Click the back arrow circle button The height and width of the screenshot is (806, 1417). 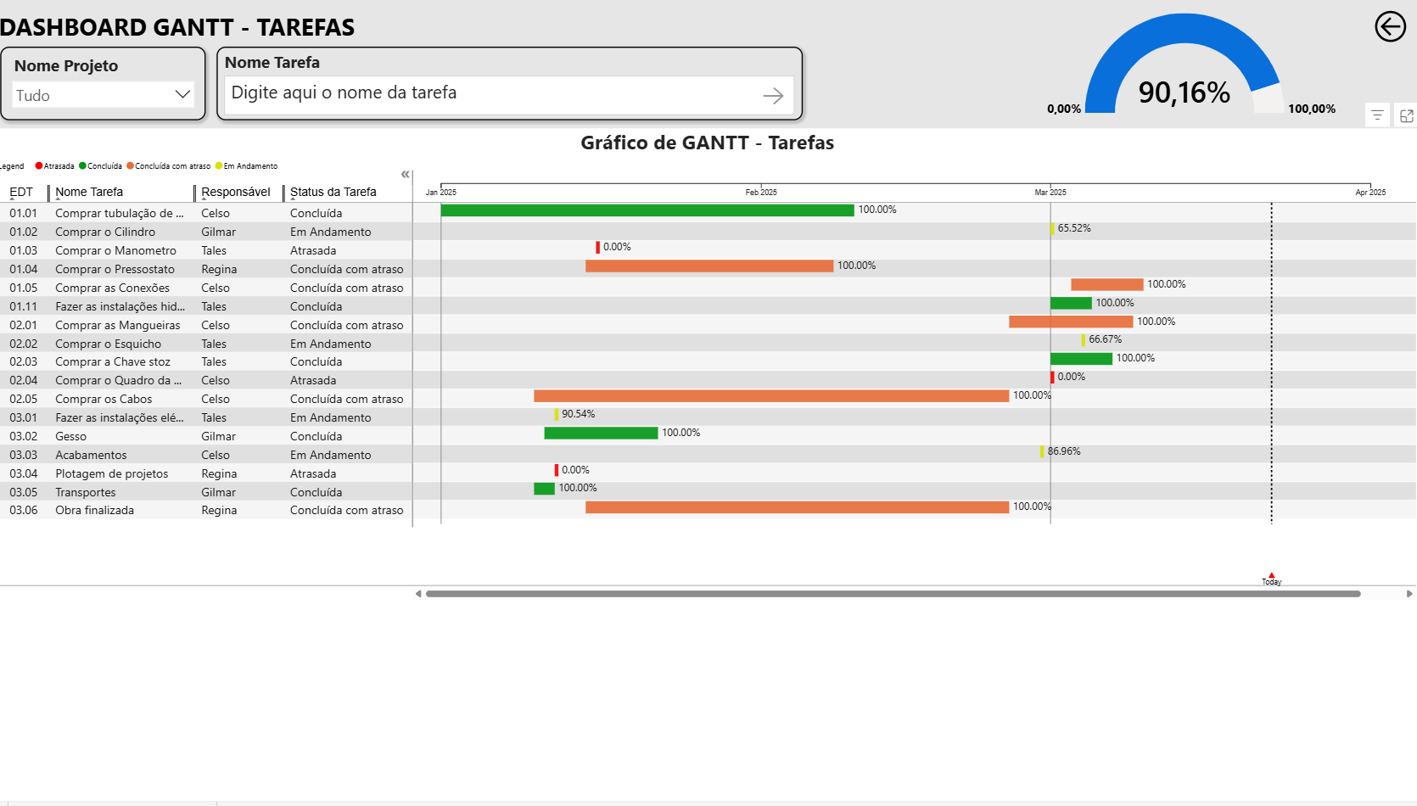coord(1390,27)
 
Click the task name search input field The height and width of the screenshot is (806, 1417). coord(492,93)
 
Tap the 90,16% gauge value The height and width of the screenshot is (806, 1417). coord(1184,92)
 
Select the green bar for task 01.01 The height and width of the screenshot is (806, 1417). coord(647,210)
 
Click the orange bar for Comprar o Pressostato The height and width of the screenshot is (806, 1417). coord(709,266)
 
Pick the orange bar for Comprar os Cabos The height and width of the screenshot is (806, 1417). coord(770,396)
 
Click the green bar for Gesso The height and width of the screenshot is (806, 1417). coord(601,434)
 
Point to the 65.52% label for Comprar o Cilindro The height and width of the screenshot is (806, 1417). coord(1074,229)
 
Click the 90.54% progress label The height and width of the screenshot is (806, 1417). coord(578,415)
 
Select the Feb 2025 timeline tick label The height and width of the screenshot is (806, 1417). coord(761,193)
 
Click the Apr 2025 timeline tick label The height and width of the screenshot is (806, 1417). coord(1370,193)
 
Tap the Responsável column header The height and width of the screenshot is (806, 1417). coord(236,193)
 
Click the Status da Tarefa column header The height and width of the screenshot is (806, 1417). coord(333,193)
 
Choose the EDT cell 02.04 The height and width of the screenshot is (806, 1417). coord(24,381)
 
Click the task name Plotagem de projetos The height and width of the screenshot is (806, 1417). coord(112,474)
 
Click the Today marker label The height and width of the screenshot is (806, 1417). coord(1271,581)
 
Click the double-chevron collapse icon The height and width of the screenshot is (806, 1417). coord(406,174)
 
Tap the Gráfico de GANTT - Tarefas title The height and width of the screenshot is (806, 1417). coord(707,143)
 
